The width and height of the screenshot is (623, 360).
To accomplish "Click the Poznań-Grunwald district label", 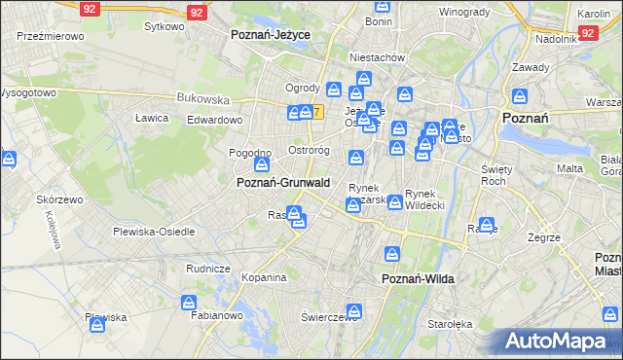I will coord(283,182).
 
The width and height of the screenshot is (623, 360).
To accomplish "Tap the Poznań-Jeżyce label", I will coord(271,33).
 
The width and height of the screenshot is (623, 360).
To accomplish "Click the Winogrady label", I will coord(464,12).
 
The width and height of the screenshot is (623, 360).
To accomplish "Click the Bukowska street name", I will coord(202,98).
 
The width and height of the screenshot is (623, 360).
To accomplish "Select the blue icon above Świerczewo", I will coord(353,312).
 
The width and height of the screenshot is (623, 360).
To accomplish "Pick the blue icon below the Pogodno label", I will coord(259,167).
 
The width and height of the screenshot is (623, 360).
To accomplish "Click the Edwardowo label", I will coord(214,119).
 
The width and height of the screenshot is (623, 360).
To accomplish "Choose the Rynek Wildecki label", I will coord(424,199).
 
